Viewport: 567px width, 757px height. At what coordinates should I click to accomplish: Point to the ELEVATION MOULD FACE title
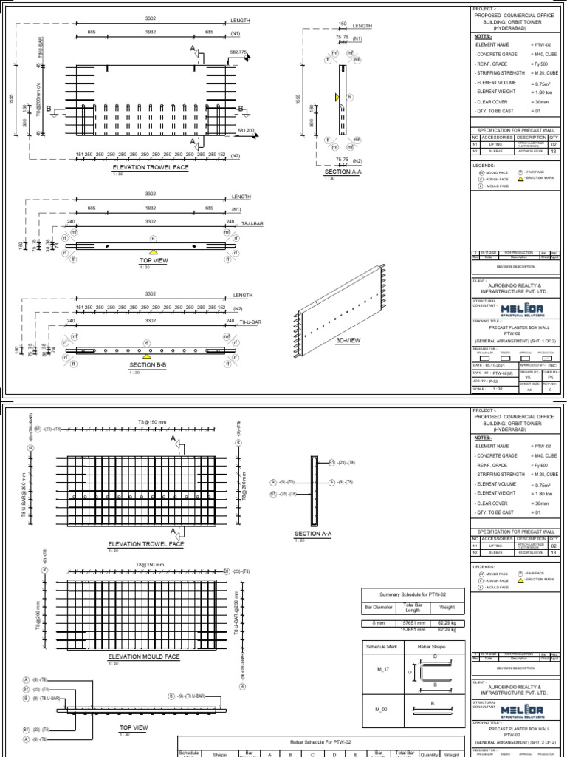[144, 656]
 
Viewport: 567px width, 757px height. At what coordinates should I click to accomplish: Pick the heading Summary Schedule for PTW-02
[413, 594]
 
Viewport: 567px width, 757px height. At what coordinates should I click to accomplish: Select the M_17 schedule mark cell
[381, 671]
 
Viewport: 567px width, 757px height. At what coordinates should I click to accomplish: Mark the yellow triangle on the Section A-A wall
[337, 97]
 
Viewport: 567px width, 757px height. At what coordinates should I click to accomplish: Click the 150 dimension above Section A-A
[343, 24]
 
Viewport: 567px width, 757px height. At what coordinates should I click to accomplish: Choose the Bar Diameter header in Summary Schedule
[379, 608]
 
